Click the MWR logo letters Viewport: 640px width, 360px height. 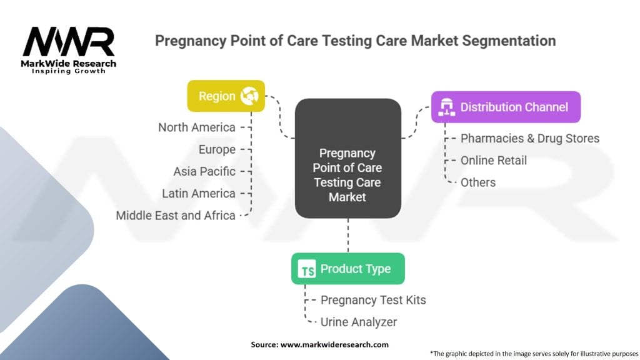click(69, 42)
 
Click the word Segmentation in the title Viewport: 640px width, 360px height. click(509, 41)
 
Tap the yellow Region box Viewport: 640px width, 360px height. click(226, 96)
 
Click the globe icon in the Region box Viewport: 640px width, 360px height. click(249, 96)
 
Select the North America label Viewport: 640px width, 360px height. click(197, 127)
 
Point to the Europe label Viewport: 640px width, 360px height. click(217, 149)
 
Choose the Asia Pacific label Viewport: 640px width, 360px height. click(204, 171)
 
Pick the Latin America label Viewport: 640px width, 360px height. click(199, 194)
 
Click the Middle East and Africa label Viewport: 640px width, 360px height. click(176, 216)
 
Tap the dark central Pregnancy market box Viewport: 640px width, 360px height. click(347, 158)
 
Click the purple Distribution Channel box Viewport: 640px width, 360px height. click(506, 107)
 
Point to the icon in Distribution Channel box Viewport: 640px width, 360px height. click(446, 107)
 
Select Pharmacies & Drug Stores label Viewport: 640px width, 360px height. click(530, 138)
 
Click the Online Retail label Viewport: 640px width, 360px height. click(494, 161)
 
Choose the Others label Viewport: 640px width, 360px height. click(478, 182)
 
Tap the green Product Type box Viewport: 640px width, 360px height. click(347, 269)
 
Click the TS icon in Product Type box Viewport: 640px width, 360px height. click(306, 269)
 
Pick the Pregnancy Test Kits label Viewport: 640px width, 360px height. click(373, 300)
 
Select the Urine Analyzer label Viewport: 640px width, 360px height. click(358, 322)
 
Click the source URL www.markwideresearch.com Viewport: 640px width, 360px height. click(334, 344)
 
